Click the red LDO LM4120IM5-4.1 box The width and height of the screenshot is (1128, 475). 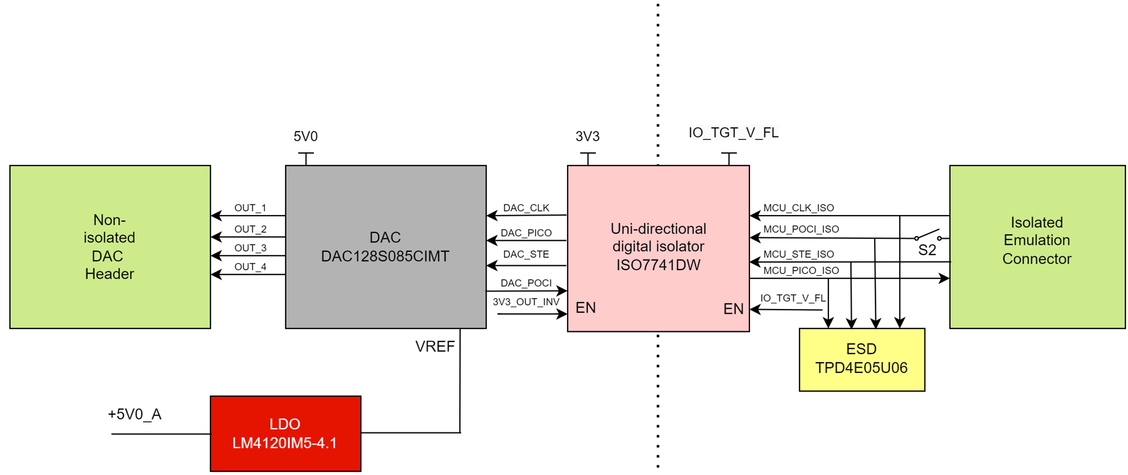point(285,433)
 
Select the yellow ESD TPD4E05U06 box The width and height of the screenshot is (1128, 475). point(861,359)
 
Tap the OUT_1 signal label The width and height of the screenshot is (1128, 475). point(250,208)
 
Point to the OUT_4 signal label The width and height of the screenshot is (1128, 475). point(250,267)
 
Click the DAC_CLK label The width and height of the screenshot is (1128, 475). point(526,208)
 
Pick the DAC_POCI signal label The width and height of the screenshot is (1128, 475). point(526,283)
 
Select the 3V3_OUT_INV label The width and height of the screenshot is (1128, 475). point(526,302)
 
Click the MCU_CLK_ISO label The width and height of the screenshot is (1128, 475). point(798,208)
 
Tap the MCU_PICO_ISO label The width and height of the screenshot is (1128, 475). point(800,271)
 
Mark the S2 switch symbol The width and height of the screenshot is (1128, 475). point(927,237)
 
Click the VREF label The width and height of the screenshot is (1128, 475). point(435,347)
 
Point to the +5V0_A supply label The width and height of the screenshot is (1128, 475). point(135,415)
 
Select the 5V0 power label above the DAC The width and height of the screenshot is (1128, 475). point(306,137)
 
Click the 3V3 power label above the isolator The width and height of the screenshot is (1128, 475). point(587,137)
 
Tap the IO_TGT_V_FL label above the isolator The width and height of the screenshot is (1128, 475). point(733,133)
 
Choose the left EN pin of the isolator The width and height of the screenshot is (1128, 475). point(585,308)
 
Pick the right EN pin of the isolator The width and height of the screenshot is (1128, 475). point(733,309)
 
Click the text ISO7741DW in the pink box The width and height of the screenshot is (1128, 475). point(658,265)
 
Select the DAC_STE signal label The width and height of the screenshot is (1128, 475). point(526,254)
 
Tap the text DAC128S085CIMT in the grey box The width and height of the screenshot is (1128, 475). point(385,256)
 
